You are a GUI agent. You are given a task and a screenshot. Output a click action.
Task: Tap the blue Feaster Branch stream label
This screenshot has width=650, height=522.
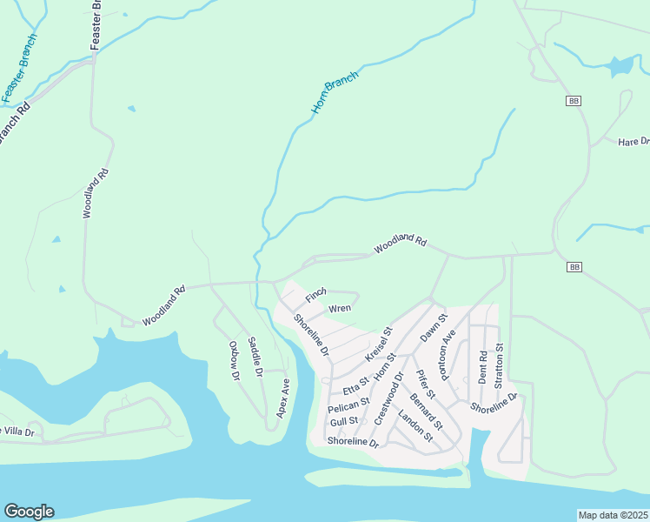point(19,68)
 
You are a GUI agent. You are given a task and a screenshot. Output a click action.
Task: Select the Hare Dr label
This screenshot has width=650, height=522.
point(633,142)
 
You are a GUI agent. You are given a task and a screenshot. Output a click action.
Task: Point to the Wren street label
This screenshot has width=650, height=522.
point(339,309)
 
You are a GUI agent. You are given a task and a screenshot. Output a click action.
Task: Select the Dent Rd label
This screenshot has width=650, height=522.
point(483,367)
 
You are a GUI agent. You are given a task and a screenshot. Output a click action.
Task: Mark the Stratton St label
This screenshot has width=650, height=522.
point(499,365)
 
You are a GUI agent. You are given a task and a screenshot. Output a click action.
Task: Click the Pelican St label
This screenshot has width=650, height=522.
point(348,405)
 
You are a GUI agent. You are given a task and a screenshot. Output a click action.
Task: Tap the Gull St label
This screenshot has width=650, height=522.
point(343,422)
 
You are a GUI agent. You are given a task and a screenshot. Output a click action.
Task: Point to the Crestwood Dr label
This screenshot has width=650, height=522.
point(388,398)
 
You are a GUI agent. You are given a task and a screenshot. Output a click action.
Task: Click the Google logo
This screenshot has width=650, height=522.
point(29,512)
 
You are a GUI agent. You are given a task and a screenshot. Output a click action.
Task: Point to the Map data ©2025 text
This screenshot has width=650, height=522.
point(613,515)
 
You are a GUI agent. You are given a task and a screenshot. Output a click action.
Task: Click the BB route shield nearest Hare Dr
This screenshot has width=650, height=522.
point(573,101)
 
